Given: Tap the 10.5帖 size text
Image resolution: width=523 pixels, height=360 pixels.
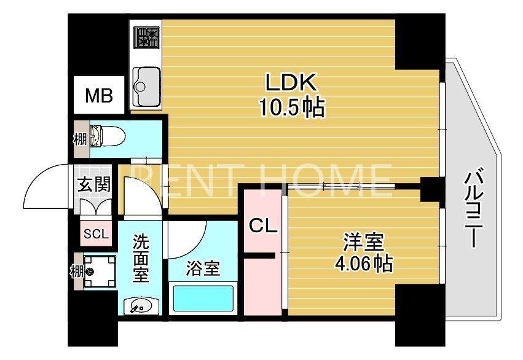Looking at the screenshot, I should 291,108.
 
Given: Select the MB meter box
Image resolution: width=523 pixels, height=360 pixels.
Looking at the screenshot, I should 98,95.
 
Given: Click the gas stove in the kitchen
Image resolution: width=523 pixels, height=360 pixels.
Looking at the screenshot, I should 146,37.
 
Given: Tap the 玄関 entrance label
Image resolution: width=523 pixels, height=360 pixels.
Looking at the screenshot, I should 94,184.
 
